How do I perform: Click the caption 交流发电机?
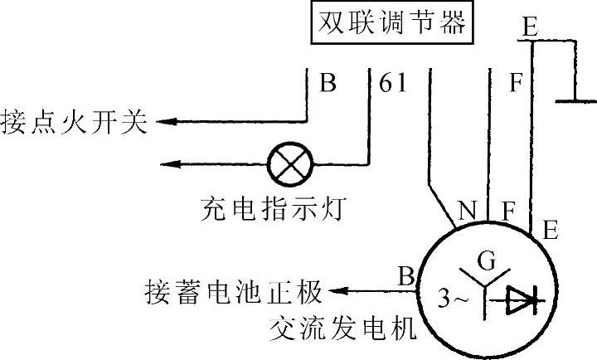coord(342,331)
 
